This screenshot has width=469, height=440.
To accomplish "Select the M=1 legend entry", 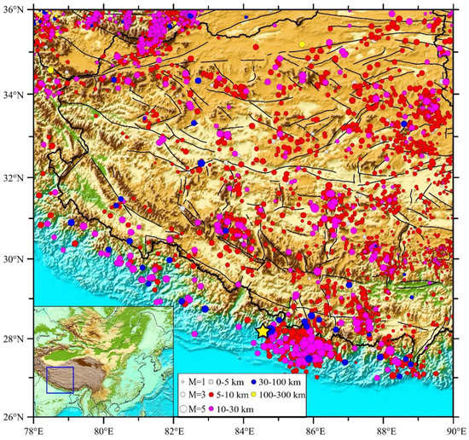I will tap(194, 380).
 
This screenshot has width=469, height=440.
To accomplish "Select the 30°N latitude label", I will tap(16, 258).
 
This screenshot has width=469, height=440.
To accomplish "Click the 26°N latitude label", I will tap(16, 417).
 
